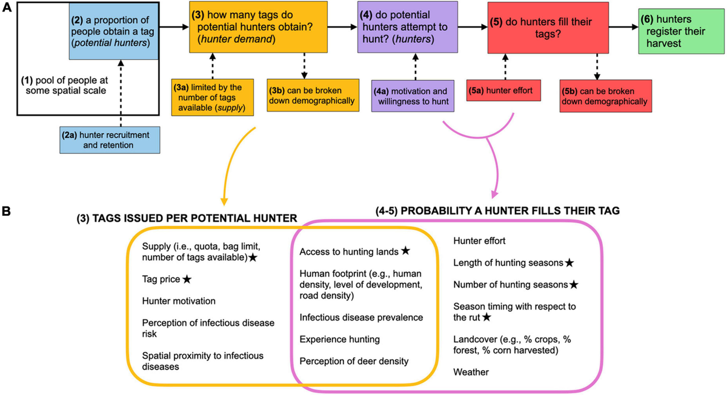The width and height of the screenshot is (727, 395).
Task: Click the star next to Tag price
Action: coord(187,279)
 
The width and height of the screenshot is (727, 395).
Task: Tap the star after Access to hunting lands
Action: coord(405,250)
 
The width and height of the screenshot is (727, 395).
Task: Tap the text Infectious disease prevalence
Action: coord(362,317)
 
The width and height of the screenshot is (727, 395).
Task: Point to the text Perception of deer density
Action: coord(354,361)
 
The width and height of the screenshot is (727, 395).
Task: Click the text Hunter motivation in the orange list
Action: coord(179,300)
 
